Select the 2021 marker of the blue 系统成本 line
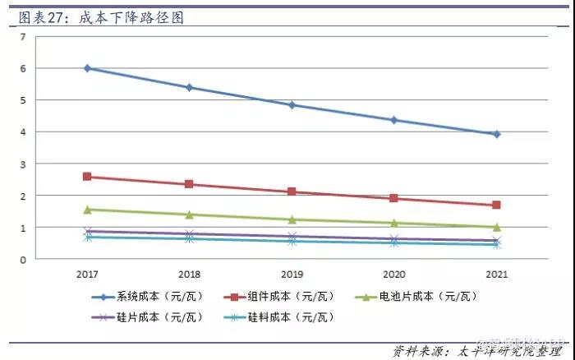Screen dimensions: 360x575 point(496,134)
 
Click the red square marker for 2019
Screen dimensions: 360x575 point(292,192)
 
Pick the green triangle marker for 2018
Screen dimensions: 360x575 point(190,215)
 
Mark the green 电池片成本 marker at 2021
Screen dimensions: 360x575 point(496,227)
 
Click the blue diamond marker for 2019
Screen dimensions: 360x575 point(292,105)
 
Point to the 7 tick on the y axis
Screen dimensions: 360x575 point(23,37)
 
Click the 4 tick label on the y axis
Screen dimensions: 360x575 point(23,132)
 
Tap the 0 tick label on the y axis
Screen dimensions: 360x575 point(23,259)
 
